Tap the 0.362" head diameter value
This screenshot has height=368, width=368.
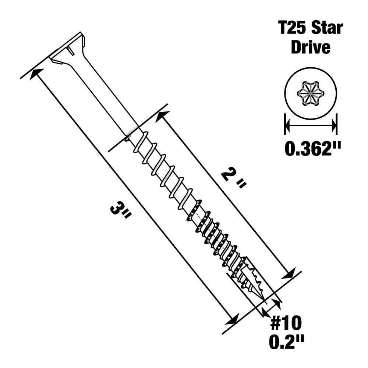tap(312, 149)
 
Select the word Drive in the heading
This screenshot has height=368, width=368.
tap(311, 48)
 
